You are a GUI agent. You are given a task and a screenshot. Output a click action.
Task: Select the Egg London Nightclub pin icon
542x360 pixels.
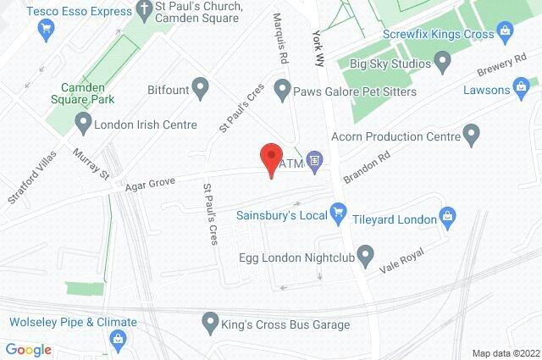tap(365, 253)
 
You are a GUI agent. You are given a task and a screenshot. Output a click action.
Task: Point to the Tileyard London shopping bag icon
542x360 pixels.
tap(450, 219)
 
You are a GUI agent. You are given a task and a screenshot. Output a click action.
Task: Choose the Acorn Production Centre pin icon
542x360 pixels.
tap(472, 133)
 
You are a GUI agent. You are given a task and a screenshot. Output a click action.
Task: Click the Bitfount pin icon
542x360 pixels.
tap(200, 86)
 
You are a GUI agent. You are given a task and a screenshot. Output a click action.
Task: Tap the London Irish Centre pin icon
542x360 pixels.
tap(82, 125)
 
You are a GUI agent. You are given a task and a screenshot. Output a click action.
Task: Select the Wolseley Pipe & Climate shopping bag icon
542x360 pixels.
tap(117, 340)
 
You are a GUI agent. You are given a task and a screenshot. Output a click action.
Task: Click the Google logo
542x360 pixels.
tap(28, 349)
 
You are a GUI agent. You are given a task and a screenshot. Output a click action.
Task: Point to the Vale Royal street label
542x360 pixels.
tap(400, 263)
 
